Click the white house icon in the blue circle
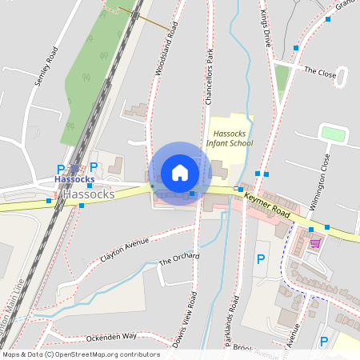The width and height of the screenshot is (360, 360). [x=180, y=173]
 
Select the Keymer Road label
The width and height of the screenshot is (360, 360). [x=266, y=206]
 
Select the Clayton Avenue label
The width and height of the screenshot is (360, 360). [x=125, y=250]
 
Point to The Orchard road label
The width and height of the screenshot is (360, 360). [x=178, y=261]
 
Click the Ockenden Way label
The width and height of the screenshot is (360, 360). [x=111, y=337]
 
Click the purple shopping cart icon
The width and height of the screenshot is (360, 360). [x=315, y=243]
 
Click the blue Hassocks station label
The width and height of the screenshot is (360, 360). [x=74, y=180]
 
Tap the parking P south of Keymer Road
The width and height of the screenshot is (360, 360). [x=259, y=259]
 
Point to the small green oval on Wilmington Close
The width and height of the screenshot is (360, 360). [x=332, y=134]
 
